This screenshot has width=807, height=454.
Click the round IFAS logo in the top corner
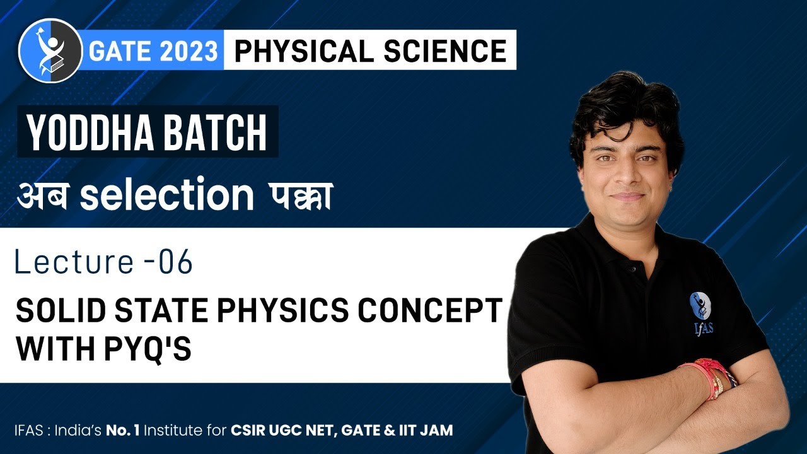[50, 50]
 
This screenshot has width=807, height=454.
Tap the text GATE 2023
[153, 51]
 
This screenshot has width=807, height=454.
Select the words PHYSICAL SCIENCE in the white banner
[370, 50]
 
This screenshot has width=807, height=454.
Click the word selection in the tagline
[166, 196]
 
